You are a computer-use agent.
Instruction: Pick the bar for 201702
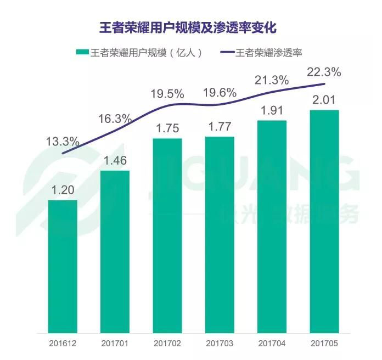coord(167,235)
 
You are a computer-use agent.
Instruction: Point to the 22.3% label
coord(324,72)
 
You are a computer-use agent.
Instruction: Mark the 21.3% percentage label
coord(272,80)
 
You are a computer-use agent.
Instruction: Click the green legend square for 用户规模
coord(82,53)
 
